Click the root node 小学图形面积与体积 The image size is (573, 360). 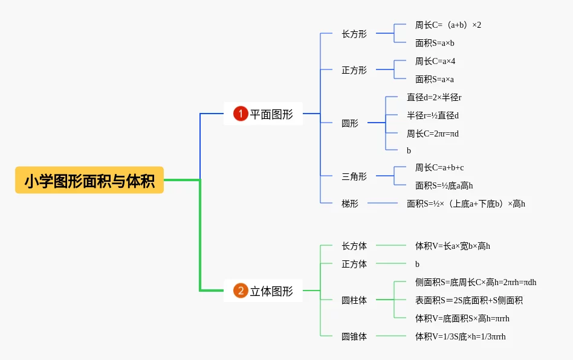tap(89, 180)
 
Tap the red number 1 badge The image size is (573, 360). tap(241, 114)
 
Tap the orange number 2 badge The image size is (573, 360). tap(241, 291)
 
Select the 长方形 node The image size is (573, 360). tap(354, 34)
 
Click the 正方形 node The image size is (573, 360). tap(354, 70)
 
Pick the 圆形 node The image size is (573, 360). tap(350, 123)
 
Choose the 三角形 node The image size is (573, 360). tap(354, 177)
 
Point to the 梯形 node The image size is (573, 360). tap(350, 204)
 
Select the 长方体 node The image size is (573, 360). tap(354, 246)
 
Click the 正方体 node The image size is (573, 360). tap(354, 264)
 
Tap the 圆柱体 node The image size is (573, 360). tap(354, 300)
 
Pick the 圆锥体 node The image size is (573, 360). tap(354, 336)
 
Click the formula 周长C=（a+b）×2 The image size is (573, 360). tap(448, 25)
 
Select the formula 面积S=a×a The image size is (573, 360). tap(435, 79)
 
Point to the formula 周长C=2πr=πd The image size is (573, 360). tap(433, 133)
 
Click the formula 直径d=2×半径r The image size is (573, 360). tap(434, 97)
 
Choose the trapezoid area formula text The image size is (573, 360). tap(465, 204)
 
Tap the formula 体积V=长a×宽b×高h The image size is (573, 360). tap(452, 246)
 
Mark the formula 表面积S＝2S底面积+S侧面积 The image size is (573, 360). tap(469, 300)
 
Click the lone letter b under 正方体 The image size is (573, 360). tap(417, 264)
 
